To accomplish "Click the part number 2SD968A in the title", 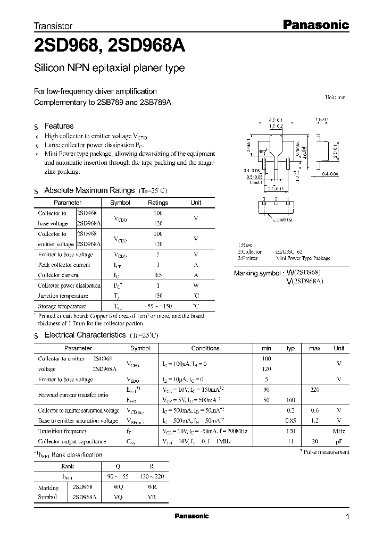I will (146, 46).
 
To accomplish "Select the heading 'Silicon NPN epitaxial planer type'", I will (109, 68).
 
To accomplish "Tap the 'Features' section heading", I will (59, 126).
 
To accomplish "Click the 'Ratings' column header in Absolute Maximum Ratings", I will (157, 203).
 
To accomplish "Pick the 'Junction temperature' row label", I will (59, 296).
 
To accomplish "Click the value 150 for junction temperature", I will (157, 296).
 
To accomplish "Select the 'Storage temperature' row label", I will (62, 306).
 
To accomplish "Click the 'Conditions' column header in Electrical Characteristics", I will (205, 348).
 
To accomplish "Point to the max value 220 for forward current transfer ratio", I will (314, 390).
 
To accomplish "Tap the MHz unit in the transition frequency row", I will (339, 431).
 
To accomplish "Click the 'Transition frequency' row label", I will (62, 431).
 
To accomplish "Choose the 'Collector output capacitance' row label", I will (72, 441).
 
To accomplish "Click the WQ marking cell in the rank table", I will (118, 487).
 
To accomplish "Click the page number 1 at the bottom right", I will (347, 517).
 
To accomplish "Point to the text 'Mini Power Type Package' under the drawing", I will (304, 258).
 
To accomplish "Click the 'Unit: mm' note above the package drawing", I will (335, 98).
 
